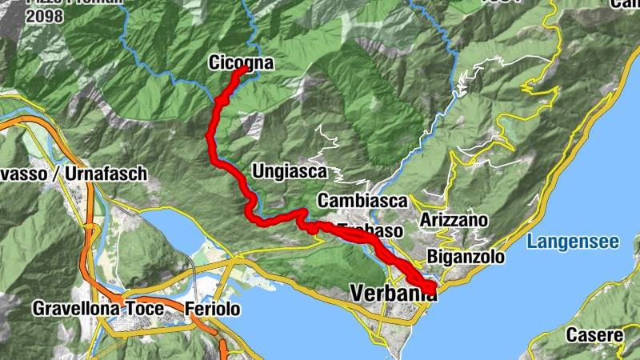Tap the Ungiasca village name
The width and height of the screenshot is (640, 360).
point(289,171)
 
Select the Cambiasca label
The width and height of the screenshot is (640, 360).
point(362,200)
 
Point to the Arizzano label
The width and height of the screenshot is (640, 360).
point(453,219)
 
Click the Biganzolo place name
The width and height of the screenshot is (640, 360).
point(466,258)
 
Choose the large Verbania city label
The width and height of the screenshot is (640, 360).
point(394,294)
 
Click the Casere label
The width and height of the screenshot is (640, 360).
point(594,335)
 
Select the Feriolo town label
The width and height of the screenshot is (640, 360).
point(212,309)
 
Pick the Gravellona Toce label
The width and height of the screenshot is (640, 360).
point(98,308)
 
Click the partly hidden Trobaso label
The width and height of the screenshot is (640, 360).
point(370,231)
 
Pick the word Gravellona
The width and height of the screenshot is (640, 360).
point(77,308)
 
